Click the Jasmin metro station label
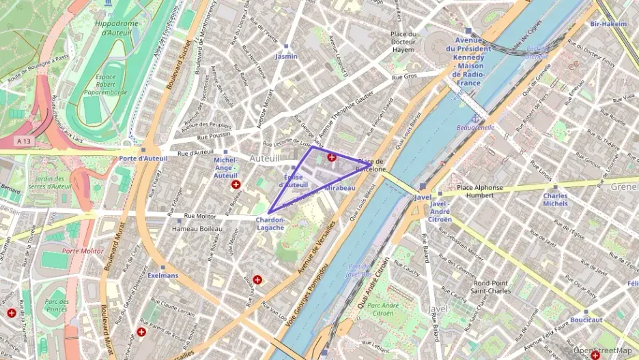pyautogui.click(x=286, y=57)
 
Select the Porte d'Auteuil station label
pyautogui.click(x=143, y=158)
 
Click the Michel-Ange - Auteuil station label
pyautogui.click(x=226, y=167)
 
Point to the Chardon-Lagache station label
pyautogui.click(x=270, y=223)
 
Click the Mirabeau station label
pyautogui.click(x=340, y=187)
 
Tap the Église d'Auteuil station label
pyautogui.click(x=296, y=180)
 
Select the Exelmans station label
pyautogui.click(x=163, y=276)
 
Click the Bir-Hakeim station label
pyautogui.click(x=608, y=24)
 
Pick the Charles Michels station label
pyautogui.click(x=555, y=199)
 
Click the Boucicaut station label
pyautogui.click(x=586, y=320)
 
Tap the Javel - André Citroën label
pyautogui.click(x=440, y=211)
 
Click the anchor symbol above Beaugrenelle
pyautogui.click(x=468, y=117)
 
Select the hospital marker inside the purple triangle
pyautogui.click(x=332, y=157)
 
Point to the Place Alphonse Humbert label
pyautogui.click(x=479, y=191)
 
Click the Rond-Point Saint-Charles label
pyautogui.click(x=492, y=286)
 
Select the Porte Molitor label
pyautogui.click(x=83, y=251)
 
